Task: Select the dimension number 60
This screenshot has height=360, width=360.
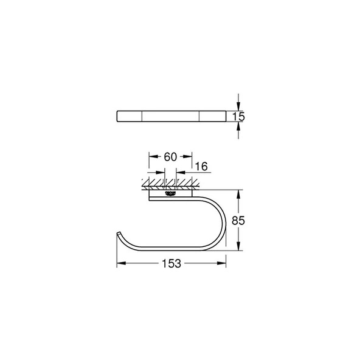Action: [x=170, y=157]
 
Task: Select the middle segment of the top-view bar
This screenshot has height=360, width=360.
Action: [x=171, y=116]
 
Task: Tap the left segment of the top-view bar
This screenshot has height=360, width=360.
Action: [x=130, y=116]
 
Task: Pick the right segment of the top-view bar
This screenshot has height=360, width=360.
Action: [x=213, y=116]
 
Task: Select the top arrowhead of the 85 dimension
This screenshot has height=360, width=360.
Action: [x=238, y=193]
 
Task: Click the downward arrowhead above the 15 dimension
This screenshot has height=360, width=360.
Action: [x=238, y=106]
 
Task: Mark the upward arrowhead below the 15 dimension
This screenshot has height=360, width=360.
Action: [x=238, y=126]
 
